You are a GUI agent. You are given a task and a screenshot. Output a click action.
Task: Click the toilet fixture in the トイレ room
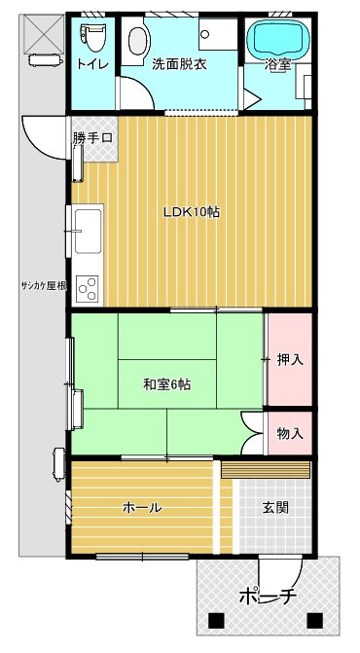(92, 38)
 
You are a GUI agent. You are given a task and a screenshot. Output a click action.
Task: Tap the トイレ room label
(92, 64)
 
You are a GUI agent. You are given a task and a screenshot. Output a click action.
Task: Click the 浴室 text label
(279, 65)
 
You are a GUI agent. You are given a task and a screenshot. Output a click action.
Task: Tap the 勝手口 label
(92, 138)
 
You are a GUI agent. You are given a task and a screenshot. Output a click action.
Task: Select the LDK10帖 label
(191, 212)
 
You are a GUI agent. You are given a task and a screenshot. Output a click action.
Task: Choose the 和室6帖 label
(166, 384)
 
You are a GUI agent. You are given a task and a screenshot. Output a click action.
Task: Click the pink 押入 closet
(290, 359)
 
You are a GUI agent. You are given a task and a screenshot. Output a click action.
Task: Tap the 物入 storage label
(290, 433)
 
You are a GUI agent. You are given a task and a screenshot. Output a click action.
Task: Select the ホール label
(142, 507)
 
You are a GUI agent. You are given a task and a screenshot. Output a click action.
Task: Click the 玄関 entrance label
(274, 507)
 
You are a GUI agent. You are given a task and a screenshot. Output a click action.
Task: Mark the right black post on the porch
(314, 619)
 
